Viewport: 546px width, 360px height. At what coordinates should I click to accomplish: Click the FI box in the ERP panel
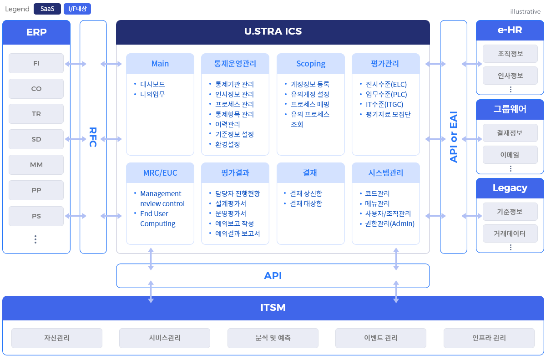(x=36, y=63)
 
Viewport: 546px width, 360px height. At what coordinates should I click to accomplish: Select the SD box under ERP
(x=36, y=140)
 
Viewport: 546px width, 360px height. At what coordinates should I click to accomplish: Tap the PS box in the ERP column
(x=36, y=216)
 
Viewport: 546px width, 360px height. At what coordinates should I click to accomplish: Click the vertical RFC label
(x=93, y=137)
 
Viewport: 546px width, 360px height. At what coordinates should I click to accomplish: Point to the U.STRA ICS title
(x=273, y=32)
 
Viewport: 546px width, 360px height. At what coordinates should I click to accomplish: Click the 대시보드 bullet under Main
(x=152, y=84)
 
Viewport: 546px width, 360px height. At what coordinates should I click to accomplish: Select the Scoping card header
(x=311, y=64)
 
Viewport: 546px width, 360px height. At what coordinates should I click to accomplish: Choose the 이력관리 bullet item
(x=227, y=124)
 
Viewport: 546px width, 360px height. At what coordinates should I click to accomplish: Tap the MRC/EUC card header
(x=160, y=173)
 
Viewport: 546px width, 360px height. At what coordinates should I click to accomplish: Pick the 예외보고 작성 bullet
(x=234, y=223)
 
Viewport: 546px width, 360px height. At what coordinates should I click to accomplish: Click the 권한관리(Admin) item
(x=390, y=223)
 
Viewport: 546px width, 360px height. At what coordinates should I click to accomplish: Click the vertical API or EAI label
(x=453, y=137)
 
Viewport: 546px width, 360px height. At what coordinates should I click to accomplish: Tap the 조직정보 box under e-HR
(x=510, y=54)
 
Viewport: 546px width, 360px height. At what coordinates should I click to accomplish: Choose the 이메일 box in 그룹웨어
(x=510, y=155)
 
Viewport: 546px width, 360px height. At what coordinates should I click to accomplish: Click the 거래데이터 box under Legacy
(x=510, y=233)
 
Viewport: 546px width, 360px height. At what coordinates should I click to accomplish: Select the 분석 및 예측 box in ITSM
(x=273, y=338)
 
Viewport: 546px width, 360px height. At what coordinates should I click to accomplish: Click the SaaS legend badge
(x=47, y=9)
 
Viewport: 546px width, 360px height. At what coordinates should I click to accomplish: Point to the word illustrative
(x=525, y=11)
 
